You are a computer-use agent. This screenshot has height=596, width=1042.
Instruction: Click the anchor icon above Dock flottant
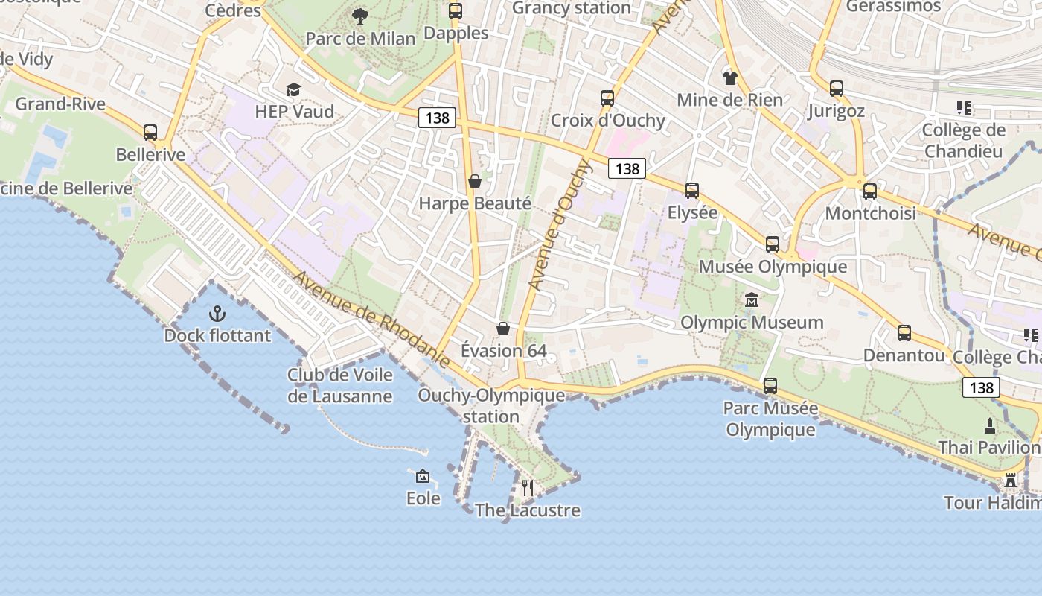pyautogui.click(x=217, y=313)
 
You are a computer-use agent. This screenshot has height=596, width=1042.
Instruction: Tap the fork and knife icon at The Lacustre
pyautogui.click(x=527, y=488)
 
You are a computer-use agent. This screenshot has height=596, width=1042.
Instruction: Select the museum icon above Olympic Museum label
pyautogui.click(x=752, y=300)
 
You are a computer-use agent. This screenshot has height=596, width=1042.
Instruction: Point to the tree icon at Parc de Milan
pyautogui.click(x=360, y=16)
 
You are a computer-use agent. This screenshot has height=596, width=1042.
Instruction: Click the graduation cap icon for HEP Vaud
pyautogui.click(x=294, y=90)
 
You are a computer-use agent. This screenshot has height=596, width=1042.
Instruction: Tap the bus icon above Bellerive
pyautogui.click(x=150, y=133)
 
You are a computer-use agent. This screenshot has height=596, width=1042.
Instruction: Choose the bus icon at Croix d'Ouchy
pyautogui.click(x=607, y=98)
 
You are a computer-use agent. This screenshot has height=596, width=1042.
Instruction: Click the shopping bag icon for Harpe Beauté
pyautogui.click(x=474, y=181)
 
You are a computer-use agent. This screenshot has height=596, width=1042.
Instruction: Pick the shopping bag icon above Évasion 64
pyautogui.click(x=503, y=329)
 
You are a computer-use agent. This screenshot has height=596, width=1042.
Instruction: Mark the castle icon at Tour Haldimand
pyautogui.click(x=1011, y=481)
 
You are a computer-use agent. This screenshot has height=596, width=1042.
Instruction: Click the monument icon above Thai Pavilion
pyautogui.click(x=990, y=426)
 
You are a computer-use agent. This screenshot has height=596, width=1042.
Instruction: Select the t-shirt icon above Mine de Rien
pyautogui.click(x=729, y=77)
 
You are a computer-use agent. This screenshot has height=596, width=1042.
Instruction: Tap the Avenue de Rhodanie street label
pyautogui.click(x=371, y=320)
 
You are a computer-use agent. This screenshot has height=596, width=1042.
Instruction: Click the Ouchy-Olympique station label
pyautogui.click(x=491, y=405)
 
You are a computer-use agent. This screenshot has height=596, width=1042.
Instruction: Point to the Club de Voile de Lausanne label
pyautogui.click(x=339, y=385)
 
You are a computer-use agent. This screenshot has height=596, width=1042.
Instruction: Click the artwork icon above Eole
pyautogui.click(x=423, y=476)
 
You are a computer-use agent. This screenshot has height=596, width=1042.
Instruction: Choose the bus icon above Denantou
pyautogui.click(x=904, y=333)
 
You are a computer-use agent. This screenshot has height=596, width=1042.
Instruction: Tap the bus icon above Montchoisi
pyautogui.click(x=870, y=191)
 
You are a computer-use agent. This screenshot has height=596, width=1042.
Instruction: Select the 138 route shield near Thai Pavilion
pyautogui.click(x=982, y=387)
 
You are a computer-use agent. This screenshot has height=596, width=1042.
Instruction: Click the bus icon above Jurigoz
pyautogui.click(x=837, y=89)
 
